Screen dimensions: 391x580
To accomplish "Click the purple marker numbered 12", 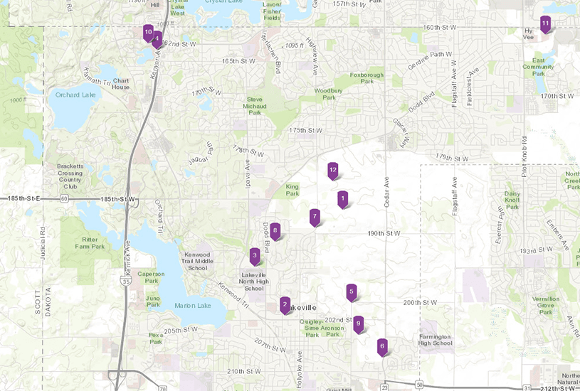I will click(332, 171).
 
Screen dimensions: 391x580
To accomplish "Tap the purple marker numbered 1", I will click(342, 199).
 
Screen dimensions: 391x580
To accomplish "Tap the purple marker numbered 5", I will click(351, 291).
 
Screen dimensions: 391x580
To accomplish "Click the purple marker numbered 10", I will click(148, 33).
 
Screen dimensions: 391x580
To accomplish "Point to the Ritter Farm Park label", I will click(93, 243).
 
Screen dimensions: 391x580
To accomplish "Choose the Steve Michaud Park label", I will click(255, 105).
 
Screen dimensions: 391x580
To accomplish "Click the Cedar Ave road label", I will click(387, 192).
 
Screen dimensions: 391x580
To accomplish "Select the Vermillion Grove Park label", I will click(546, 304).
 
